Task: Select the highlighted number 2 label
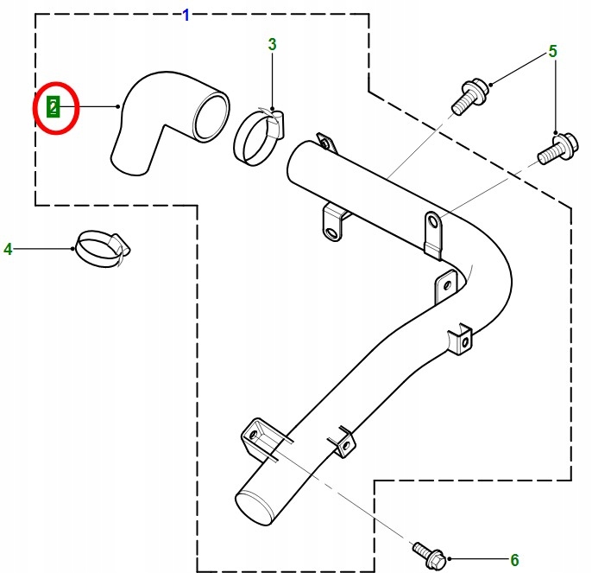pyautogui.click(x=54, y=107)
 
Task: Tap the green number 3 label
pyautogui.click(x=272, y=44)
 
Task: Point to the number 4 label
pyautogui.click(x=9, y=250)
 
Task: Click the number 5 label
pyautogui.click(x=553, y=52)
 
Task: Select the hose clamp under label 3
pyautogui.click(x=256, y=138)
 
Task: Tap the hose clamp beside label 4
pyautogui.click(x=101, y=248)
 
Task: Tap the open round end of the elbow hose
pyautogui.click(x=211, y=118)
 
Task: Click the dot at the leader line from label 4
pyautogui.click(x=74, y=249)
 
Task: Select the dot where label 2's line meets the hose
pyautogui.click(x=118, y=107)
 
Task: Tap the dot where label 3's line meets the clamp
pyautogui.click(x=272, y=108)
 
